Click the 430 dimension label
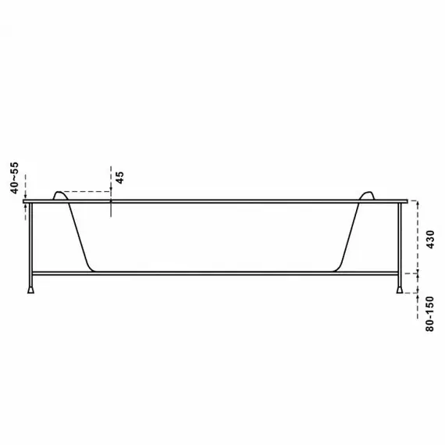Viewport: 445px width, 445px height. pyautogui.click(x=430, y=240)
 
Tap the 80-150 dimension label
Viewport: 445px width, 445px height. pyautogui.click(x=430, y=314)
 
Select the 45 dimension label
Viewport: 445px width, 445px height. pyautogui.click(x=120, y=178)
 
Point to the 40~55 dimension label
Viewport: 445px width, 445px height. pyautogui.click(x=14, y=178)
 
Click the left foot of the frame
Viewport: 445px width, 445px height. pyautogui.click(x=31, y=290)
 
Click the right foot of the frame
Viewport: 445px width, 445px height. pyautogui.click(x=400, y=290)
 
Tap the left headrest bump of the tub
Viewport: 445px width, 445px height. pyautogui.click(x=60, y=195)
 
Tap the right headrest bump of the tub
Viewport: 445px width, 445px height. pyautogui.click(x=367, y=195)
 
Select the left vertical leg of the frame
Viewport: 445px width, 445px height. pyautogui.click(x=31, y=245)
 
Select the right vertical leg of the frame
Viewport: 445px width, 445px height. pyautogui.click(x=400, y=245)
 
